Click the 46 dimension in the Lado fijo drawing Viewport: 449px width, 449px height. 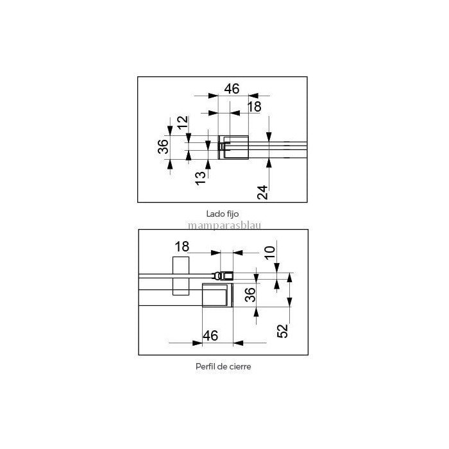(x=232, y=89)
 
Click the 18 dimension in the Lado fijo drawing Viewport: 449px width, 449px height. (x=254, y=107)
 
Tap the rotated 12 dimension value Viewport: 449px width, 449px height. (x=183, y=123)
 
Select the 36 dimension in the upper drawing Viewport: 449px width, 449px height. (x=163, y=146)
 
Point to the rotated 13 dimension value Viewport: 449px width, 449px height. (x=201, y=178)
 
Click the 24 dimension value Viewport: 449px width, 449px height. (x=262, y=192)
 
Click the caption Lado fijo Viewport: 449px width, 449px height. (x=223, y=214)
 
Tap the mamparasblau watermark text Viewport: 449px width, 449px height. (x=224, y=226)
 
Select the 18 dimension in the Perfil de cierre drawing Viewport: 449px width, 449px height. (x=182, y=247)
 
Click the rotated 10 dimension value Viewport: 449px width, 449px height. (x=270, y=253)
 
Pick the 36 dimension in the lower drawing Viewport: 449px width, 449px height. (x=250, y=294)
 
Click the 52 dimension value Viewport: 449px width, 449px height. (x=283, y=331)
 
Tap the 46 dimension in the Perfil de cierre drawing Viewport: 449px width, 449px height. (x=210, y=335)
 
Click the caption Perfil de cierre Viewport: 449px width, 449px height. (x=223, y=366)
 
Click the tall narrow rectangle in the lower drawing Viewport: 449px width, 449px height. (x=181, y=276)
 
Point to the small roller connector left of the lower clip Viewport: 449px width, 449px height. (x=217, y=276)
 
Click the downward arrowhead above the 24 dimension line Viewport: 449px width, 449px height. (x=269, y=137)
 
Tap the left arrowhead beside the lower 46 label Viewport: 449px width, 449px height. (x=198, y=343)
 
